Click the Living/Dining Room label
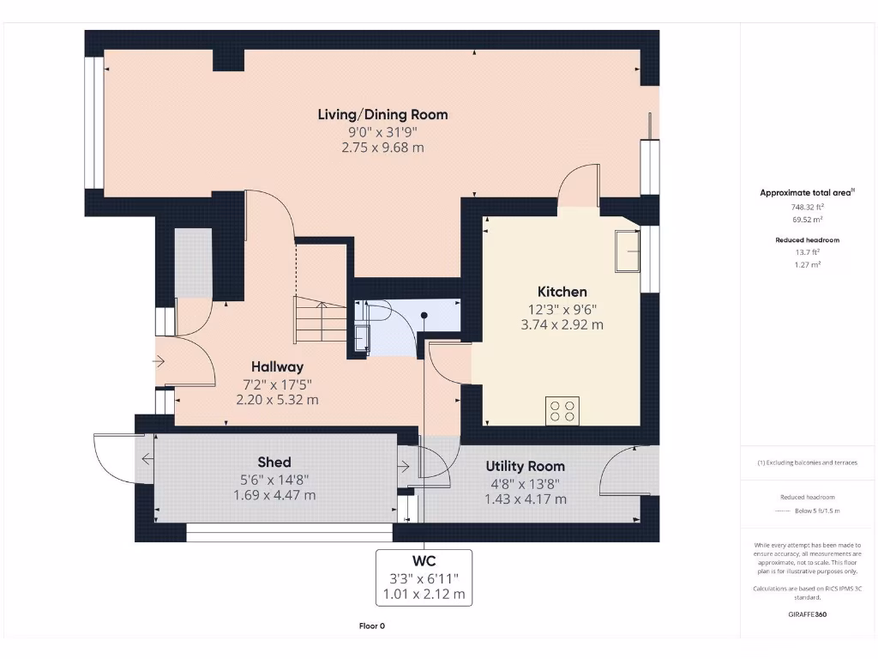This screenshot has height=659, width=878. (x=382, y=114)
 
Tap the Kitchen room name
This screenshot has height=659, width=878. (x=562, y=292)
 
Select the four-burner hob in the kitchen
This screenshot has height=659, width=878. (x=562, y=411)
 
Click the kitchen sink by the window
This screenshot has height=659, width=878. (x=628, y=251)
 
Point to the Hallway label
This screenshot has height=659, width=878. (x=277, y=366)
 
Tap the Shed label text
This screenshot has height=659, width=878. (x=274, y=463)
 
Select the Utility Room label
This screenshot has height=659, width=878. (x=525, y=466)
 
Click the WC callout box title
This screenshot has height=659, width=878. (x=424, y=562)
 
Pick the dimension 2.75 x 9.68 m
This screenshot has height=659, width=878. (x=382, y=148)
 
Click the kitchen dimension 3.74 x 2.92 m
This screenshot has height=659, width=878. (x=562, y=324)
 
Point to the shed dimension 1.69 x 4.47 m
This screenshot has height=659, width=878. (x=274, y=495)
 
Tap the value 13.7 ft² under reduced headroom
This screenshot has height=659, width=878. (x=808, y=252)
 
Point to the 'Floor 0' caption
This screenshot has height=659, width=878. (x=371, y=626)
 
